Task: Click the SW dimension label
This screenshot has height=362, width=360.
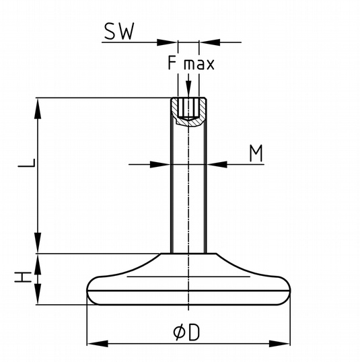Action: click(x=119, y=32)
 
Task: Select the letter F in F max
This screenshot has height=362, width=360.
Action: click(x=172, y=63)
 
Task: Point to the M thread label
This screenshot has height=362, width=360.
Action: click(x=256, y=153)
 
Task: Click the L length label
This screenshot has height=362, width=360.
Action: click(x=27, y=163)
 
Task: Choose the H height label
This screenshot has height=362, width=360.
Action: click(x=23, y=277)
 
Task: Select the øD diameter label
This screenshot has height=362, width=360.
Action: click(x=186, y=332)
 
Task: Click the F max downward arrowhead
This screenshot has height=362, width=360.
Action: click(x=188, y=89)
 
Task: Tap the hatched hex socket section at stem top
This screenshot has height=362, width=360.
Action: click(x=189, y=112)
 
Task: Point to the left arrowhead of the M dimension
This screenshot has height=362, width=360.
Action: click(x=160, y=165)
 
